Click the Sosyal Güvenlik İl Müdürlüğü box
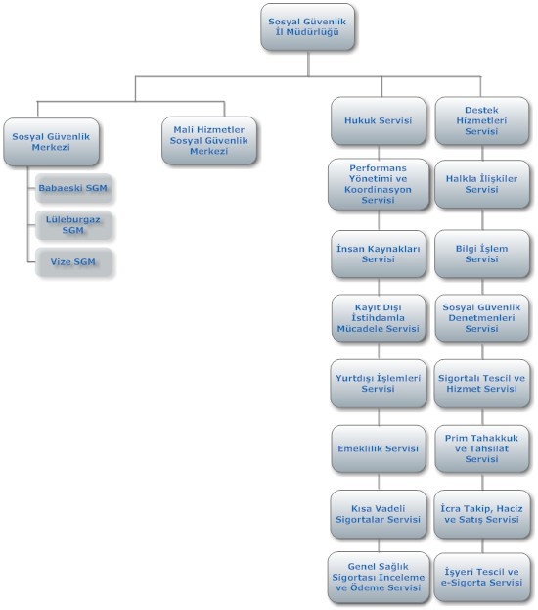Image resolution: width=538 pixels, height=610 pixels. [307, 26]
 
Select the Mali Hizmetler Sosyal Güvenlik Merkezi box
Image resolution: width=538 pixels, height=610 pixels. [209, 140]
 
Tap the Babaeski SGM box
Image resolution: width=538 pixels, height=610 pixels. [73, 188]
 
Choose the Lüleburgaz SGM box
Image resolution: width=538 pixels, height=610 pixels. [73, 225]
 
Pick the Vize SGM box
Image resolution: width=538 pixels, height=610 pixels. [73, 262]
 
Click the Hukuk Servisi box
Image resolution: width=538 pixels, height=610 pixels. [379, 120]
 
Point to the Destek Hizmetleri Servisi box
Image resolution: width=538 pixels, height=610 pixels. [481, 120]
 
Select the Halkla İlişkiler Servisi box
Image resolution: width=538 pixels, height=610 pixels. [482, 184]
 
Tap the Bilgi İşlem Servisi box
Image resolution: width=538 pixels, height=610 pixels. [482, 254]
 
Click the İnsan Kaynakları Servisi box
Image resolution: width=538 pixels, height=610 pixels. [379, 254]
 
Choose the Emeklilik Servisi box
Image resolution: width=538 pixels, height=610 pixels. [379, 448]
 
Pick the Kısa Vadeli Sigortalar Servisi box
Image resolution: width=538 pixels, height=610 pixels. [379, 514]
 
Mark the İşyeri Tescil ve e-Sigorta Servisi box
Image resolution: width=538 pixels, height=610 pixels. [482, 577]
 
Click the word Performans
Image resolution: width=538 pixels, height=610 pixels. [378, 168]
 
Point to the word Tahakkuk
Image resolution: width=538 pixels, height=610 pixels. [494, 438]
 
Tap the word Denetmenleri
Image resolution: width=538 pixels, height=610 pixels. [481, 318]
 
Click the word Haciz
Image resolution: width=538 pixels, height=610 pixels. [510, 508]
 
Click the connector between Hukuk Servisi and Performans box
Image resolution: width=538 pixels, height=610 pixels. [379, 152]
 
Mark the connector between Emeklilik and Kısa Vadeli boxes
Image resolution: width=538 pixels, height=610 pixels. [379, 481]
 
